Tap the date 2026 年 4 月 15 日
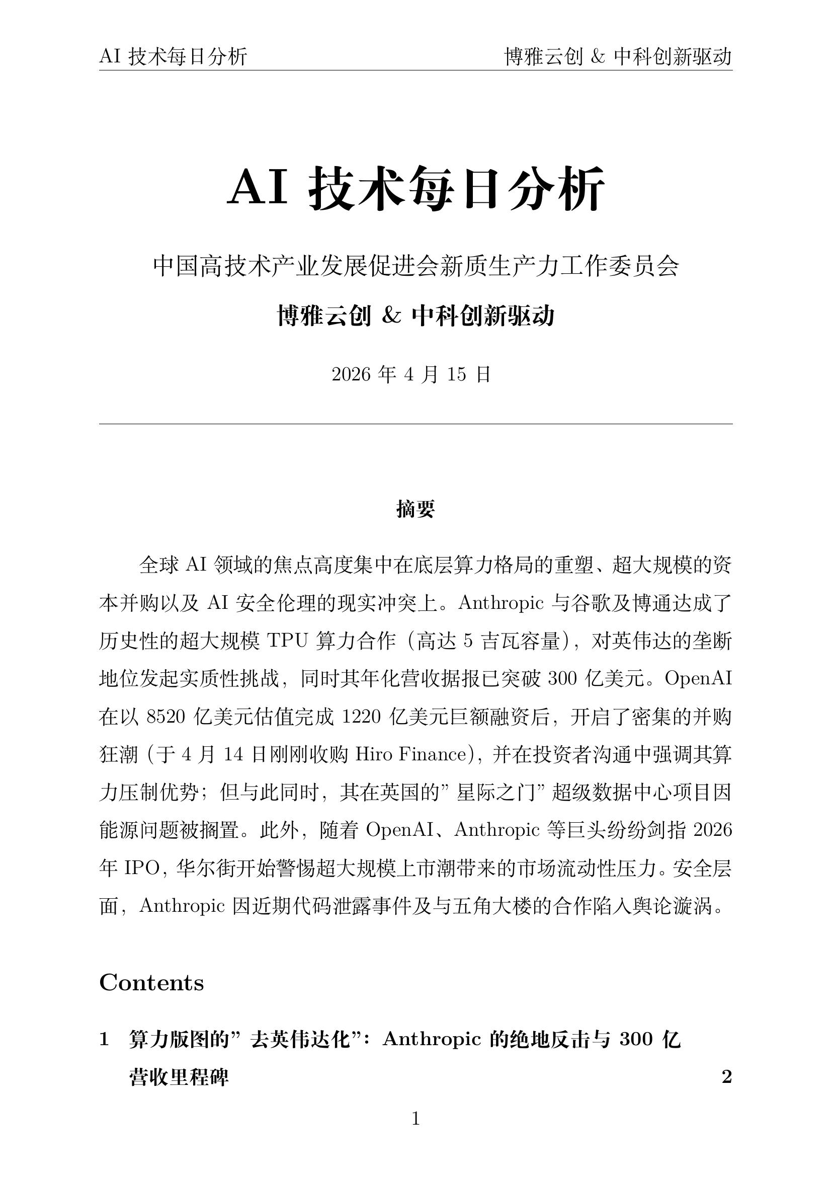411,375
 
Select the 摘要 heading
415,509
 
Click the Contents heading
151,983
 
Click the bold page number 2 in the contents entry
726,1077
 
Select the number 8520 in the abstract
165,717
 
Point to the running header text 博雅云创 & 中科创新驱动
618,56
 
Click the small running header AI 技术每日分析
173,56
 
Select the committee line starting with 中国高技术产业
415,267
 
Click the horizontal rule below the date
415,424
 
